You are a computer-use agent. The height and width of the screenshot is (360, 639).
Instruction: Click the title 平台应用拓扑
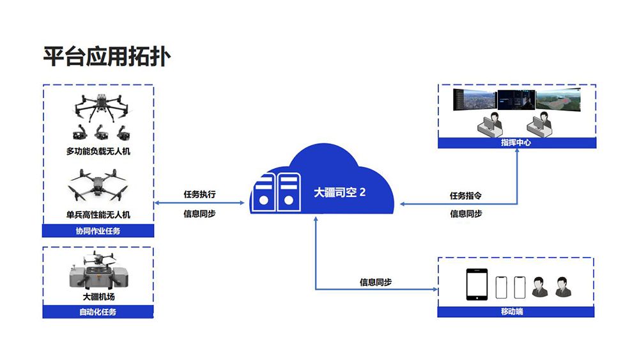107,56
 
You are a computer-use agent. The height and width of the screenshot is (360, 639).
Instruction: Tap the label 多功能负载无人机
98,152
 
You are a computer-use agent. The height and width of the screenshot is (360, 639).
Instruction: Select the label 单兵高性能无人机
98,215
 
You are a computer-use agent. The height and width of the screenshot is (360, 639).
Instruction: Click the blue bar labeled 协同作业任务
98,231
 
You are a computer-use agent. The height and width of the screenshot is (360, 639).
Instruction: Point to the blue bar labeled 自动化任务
98,312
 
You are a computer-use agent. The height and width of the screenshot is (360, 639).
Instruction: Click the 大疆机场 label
98,297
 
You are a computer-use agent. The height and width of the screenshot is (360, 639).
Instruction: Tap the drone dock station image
98,271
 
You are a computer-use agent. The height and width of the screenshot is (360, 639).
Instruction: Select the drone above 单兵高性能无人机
98,185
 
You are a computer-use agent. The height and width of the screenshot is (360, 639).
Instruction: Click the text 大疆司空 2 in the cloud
340,192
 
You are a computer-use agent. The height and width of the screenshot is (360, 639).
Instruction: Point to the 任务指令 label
465,195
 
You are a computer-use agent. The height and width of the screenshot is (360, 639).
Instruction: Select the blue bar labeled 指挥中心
516,143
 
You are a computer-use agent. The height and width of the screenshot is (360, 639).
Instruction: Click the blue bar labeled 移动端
516,312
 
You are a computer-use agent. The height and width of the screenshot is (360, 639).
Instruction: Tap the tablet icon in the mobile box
477,285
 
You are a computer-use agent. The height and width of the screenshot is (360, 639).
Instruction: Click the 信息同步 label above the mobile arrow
376,282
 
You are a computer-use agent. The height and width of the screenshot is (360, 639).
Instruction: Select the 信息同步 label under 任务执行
199,214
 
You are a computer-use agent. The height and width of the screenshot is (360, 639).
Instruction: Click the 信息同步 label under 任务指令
465,214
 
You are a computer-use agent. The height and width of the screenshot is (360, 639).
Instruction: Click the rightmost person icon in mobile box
562,287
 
